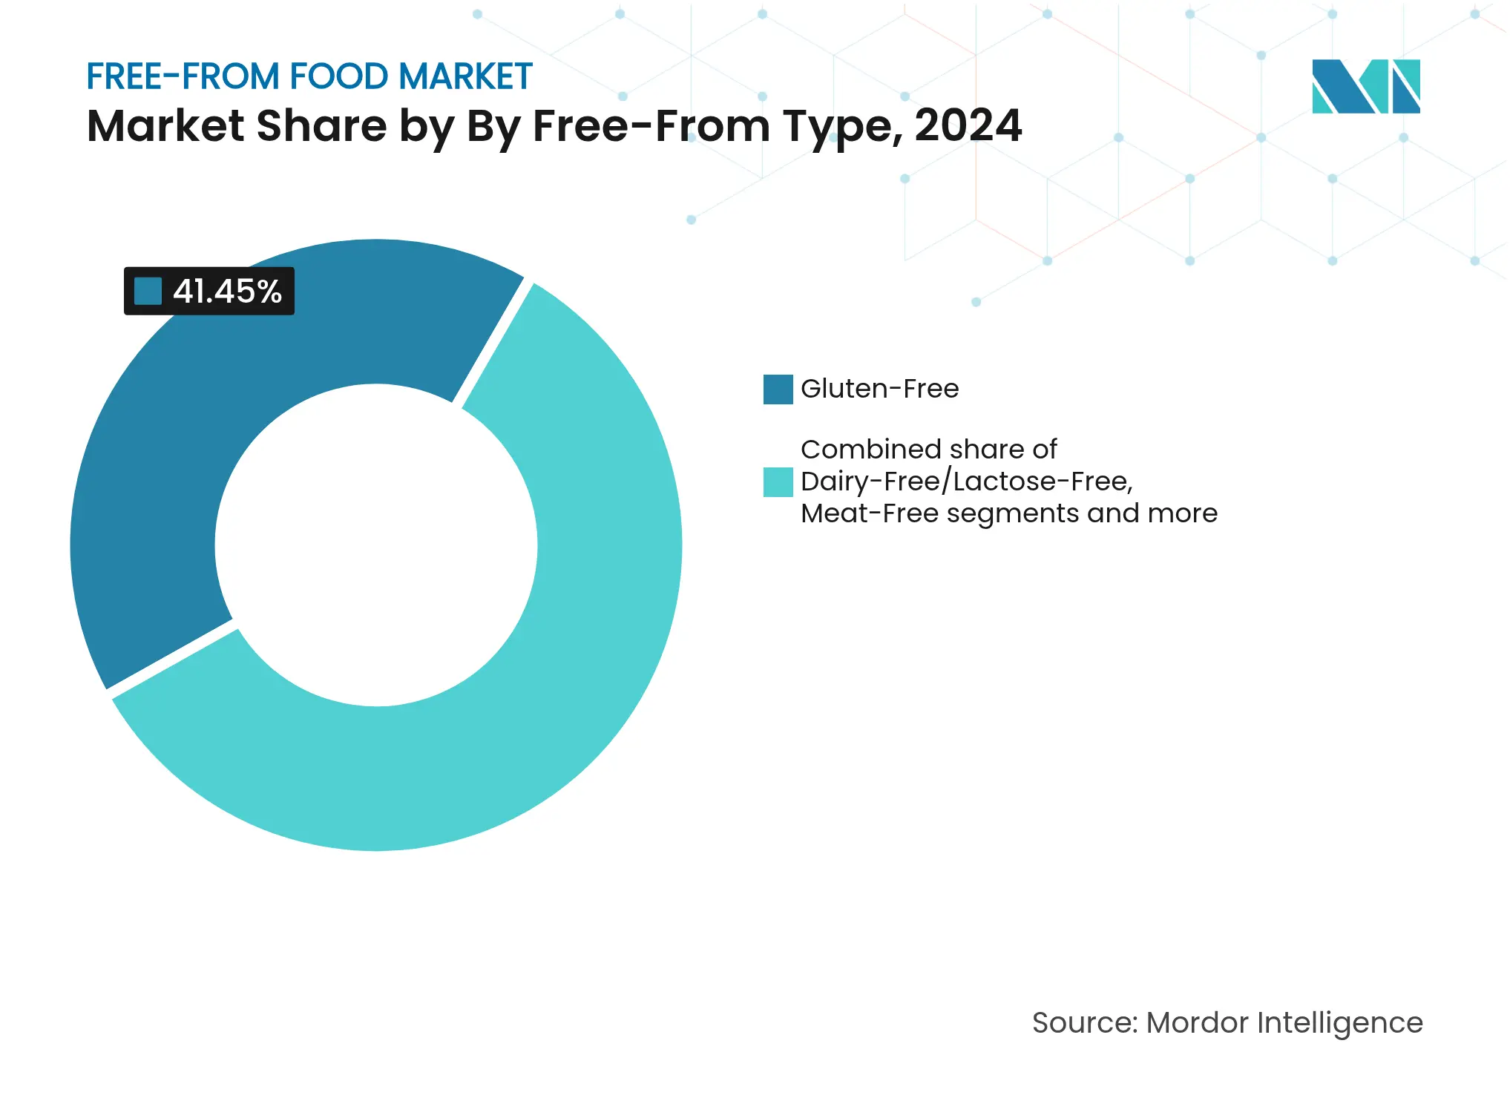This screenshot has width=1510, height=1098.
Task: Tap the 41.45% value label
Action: (x=227, y=291)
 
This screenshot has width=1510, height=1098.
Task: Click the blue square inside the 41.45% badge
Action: (x=148, y=291)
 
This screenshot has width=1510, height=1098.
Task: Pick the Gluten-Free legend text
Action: (x=879, y=389)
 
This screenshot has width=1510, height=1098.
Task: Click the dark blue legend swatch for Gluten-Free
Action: (x=778, y=389)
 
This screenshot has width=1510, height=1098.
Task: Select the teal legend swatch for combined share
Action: (x=778, y=481)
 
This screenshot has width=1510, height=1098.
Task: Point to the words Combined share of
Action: (x=928, y=450)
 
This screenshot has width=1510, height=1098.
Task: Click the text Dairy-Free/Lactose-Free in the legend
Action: (x=966, y=481)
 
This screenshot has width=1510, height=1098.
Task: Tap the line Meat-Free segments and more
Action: (x=1008, y=513)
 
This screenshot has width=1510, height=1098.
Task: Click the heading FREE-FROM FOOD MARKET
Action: (x=309, y=76)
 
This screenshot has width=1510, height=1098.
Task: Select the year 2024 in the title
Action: (x=968, y=125)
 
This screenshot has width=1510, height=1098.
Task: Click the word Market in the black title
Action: (x=165, y=125)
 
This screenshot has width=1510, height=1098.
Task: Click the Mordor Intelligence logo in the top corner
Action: (x=1365, y=86)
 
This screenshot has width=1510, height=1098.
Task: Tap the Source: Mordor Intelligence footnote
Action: (x=1227, y=1022)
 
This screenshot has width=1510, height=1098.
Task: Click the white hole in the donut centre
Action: (x=376, y=545)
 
